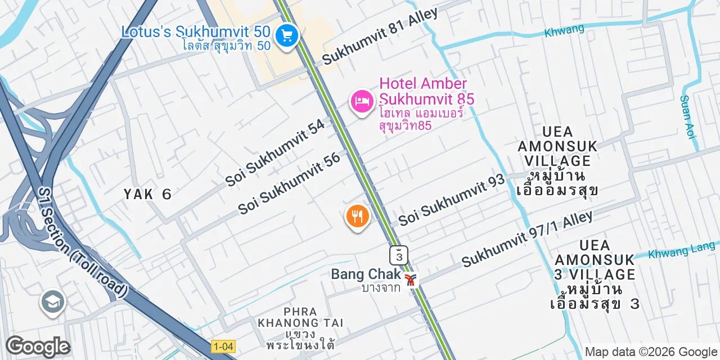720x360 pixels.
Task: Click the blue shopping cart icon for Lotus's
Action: click(x=287, y=36)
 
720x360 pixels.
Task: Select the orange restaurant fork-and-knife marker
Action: click(x=357, y=216)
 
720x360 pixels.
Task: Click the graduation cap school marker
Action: click(x=53, y=302)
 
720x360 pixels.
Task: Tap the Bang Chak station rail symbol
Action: click(x=411, y=278)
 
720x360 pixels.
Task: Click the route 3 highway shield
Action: click(x=399, y=255)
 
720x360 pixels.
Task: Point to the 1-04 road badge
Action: click(x=223, y=346)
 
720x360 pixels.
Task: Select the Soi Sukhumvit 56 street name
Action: click(x=290, y=183)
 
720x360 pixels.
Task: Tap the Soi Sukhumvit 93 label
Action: click(x=451, y=200)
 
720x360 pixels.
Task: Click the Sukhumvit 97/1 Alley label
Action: click(x=527, y=239)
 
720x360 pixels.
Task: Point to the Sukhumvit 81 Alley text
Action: click(x=380, y=36)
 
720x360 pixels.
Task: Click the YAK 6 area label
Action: click(x=147, y=194)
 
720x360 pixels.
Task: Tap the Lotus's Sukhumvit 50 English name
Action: click(x=196, y=31)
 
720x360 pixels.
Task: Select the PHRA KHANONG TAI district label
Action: click(x=300, y=317)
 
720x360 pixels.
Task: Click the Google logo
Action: click(x=38, y=346)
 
